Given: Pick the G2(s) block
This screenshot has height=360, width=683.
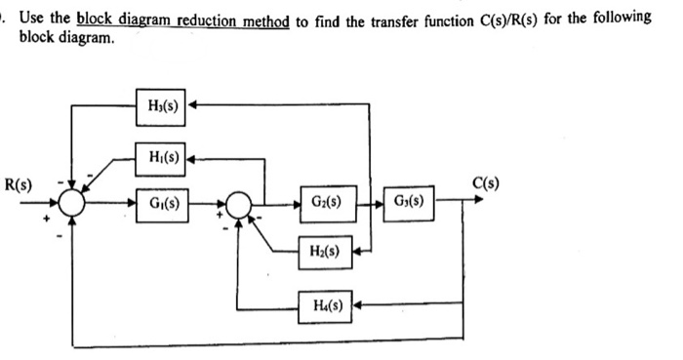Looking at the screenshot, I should tap(328, 204).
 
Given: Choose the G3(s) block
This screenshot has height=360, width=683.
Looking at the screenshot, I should tap(411, 204).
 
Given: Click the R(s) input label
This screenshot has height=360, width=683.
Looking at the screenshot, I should tap(19, 183).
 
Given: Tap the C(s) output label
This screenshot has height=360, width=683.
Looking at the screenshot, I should tap(485, 182).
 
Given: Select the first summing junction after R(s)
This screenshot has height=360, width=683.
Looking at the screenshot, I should tap(72, 205).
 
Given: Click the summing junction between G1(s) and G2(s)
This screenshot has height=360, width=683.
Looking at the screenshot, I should tap(238, 205).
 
